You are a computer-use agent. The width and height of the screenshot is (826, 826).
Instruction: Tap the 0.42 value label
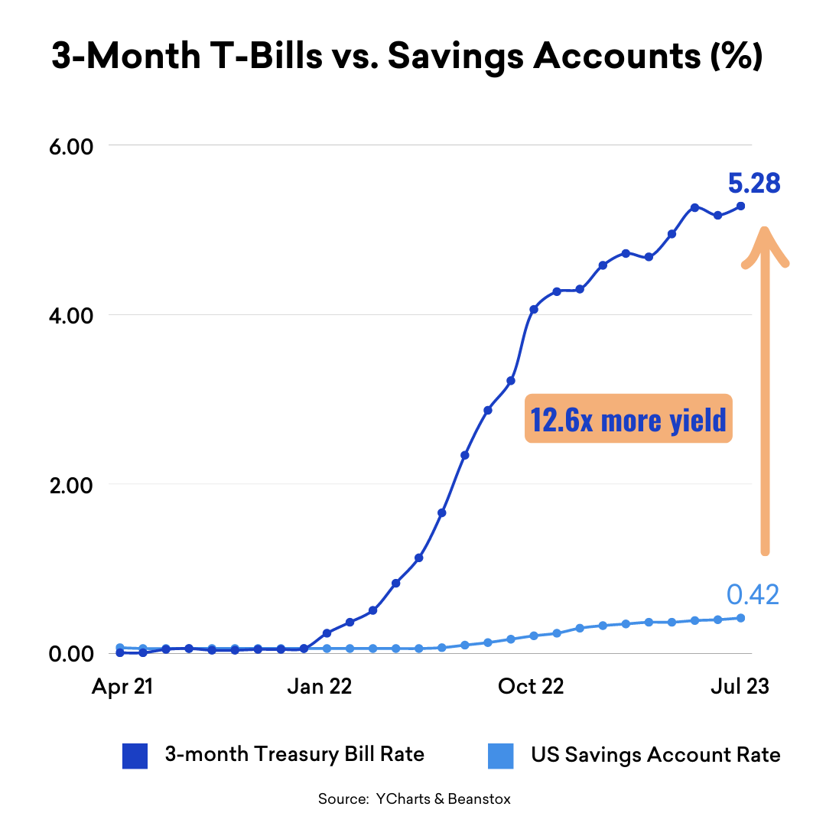tap(752, 594)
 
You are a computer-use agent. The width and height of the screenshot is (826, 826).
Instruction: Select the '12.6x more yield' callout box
tap(628, 418)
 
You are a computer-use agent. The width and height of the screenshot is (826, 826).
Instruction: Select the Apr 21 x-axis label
tap(122, 686)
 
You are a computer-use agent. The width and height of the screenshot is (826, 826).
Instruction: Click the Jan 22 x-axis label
tap(319, 686)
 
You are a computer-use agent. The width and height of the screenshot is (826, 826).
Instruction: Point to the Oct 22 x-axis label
tap(530, 686)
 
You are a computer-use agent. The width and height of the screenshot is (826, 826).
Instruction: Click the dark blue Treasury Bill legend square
tap(135, 756)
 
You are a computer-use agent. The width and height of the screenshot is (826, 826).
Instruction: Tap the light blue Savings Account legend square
tap(500, 756)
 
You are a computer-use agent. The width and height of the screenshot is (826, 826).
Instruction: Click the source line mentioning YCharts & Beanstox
tap(414, 799)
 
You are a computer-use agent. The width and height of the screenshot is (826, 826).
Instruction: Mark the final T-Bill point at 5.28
tap(740, 206)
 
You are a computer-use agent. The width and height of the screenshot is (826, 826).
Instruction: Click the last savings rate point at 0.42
tap(740, 618)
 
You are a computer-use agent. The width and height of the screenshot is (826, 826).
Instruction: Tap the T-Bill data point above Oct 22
tap(533, 309)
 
